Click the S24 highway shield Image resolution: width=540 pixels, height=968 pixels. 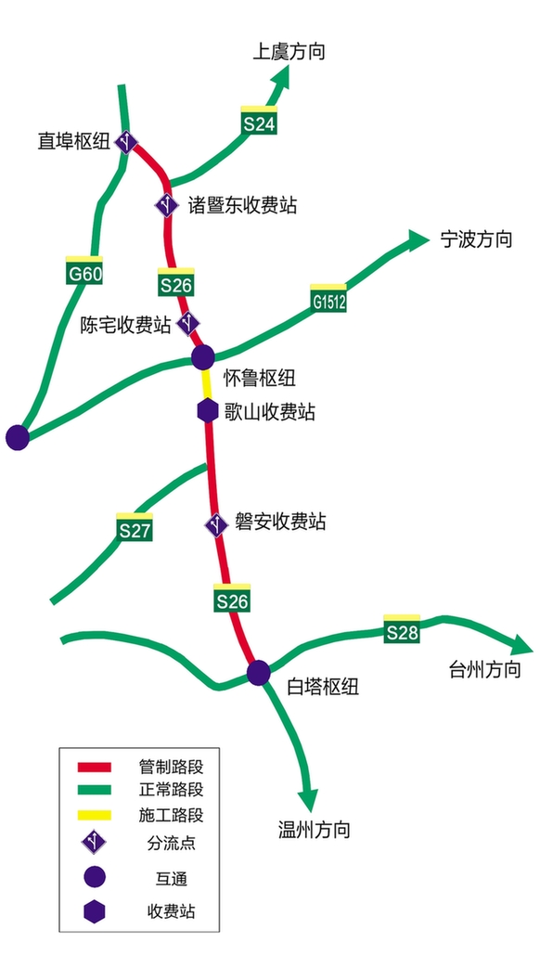(x=259, y=120)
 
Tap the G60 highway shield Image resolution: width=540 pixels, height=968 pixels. (x=84, y=271)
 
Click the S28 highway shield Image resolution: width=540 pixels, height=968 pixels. (x=402, y=629)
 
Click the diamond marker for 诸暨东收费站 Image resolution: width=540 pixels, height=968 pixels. (x=167, y=205)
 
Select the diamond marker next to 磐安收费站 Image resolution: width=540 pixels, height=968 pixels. (x=216, y=524)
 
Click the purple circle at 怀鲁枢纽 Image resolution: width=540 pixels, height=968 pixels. (x=203, y=356)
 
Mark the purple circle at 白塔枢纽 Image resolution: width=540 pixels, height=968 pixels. (x=259, y=672)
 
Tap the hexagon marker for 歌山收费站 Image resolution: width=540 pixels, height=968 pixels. (x=207, y=410)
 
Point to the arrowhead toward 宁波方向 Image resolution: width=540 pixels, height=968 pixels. (x=417, y=239)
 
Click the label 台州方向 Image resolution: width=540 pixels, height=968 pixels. (x=485, y=669)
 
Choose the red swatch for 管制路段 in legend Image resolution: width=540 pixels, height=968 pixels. (x=94, y=768)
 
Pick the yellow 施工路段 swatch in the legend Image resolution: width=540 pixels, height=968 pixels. (x=94, y=815)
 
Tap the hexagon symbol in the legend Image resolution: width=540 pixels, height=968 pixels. (x=95, y=910)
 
